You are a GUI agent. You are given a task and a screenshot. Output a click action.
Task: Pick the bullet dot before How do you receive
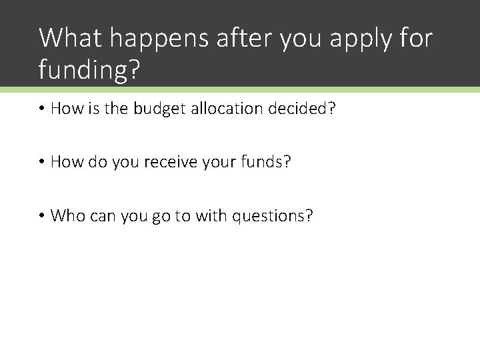tap(42, 163)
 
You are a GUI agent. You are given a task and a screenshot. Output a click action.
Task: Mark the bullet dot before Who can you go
tap(42, 216)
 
